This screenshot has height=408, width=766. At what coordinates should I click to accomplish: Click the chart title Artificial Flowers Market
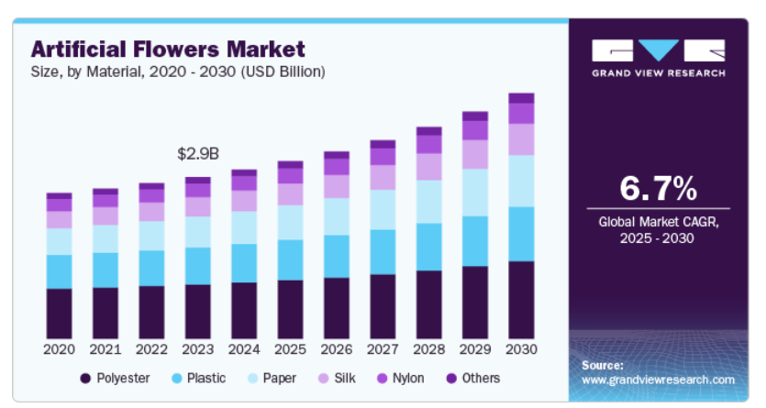point(168,48)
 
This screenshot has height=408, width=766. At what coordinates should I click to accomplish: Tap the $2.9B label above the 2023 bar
point(198,155)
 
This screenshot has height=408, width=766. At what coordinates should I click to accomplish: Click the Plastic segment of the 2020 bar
point(60,271)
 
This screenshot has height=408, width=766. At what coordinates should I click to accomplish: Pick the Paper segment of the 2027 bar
point(383,210)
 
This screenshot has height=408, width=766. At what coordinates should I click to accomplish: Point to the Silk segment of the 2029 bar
point(475,154)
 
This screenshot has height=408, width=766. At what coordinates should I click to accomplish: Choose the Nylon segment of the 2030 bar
point(521,114)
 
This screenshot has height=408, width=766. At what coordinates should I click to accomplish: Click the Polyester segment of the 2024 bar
point(244,311)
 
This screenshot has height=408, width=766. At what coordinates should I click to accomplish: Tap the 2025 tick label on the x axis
point(290,349)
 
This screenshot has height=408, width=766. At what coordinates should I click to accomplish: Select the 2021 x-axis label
point(105,349)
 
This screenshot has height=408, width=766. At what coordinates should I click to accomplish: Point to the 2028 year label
point(428,349)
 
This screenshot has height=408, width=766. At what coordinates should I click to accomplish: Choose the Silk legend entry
point(335,379)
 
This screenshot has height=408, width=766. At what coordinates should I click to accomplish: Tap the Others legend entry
point(473,379)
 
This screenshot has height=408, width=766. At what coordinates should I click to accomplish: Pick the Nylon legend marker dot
point(381,379)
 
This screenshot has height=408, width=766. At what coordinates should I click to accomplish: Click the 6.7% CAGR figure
point(658,189)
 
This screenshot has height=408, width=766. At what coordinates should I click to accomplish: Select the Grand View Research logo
point(658,58)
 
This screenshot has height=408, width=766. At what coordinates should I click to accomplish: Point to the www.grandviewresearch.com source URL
point(659,380)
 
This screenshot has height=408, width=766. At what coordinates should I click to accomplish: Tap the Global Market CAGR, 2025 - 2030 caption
point(658,230)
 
